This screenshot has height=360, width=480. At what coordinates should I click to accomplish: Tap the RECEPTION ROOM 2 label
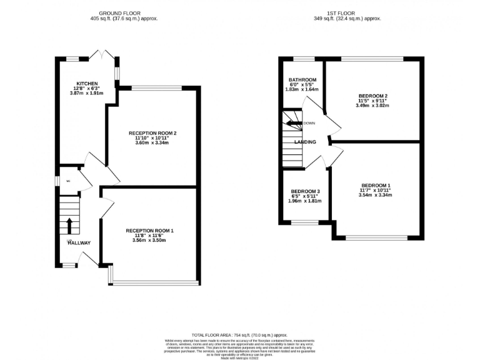153,132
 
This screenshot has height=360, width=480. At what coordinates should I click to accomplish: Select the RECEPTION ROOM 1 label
149,231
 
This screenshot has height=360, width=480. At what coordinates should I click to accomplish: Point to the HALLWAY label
79,243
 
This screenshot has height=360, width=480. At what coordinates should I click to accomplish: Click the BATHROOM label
302,80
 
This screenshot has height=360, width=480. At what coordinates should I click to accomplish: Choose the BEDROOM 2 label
372,96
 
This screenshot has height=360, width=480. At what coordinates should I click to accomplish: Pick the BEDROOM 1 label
376,186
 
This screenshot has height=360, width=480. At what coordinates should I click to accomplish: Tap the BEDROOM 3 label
306,191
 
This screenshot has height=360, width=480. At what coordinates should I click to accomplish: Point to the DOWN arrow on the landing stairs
295,123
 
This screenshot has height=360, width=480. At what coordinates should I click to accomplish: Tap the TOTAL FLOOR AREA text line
239,335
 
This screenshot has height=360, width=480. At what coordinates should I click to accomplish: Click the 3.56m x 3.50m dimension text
149,241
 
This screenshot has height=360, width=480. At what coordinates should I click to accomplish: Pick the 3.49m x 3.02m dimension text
372,106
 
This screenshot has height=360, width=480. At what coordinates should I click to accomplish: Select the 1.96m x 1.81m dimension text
306,201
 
